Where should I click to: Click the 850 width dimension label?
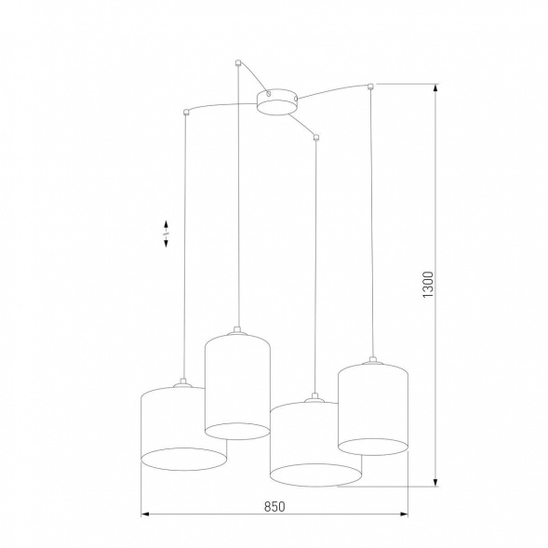pos(274,506)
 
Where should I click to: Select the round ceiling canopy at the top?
pos(276,101)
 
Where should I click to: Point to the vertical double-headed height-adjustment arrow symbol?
pos(166,234)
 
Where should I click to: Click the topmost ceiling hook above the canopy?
pos(239,64)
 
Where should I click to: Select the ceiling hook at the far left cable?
pos(187,113)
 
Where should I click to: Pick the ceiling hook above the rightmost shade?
pos(371,87)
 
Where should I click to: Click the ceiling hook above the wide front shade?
pos(316,138)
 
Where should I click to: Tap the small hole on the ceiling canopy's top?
pos(268,93)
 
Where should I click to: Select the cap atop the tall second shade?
pos(238,329)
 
